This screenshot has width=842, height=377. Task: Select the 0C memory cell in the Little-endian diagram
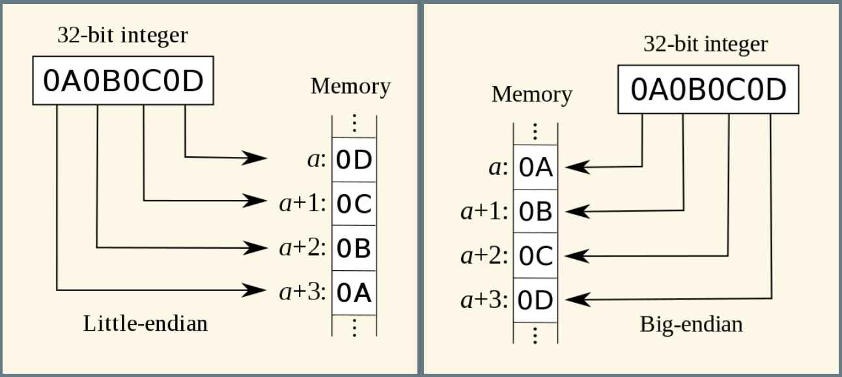point(354,204)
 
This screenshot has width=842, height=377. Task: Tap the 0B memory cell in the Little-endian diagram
point(354,249)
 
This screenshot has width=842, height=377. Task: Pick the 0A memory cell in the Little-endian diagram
point(354,293)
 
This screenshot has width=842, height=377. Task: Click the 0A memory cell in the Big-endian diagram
point(535,168)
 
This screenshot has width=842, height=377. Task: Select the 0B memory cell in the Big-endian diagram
point(535,212)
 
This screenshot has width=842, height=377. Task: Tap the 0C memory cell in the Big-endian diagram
point(535,256)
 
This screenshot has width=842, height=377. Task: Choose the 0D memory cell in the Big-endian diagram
point(535,300)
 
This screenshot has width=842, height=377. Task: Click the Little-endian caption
point(145,323)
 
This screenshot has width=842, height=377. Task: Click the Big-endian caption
point(691,324)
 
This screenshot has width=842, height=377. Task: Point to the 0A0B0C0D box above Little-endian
point(123,81)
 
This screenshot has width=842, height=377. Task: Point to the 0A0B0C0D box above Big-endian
point(708,90)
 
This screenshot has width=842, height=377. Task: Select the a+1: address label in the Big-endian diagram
point(484,212)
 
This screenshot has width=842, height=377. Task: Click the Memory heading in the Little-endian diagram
point(350,86)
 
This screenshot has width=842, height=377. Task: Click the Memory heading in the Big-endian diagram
point(531,94)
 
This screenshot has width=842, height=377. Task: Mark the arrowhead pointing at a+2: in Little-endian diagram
point(257,247)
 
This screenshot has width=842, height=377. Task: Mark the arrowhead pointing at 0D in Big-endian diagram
point(576,300)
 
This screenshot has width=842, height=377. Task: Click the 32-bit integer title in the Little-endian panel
point(122,35)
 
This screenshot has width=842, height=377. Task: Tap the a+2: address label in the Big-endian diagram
point(484,256)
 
